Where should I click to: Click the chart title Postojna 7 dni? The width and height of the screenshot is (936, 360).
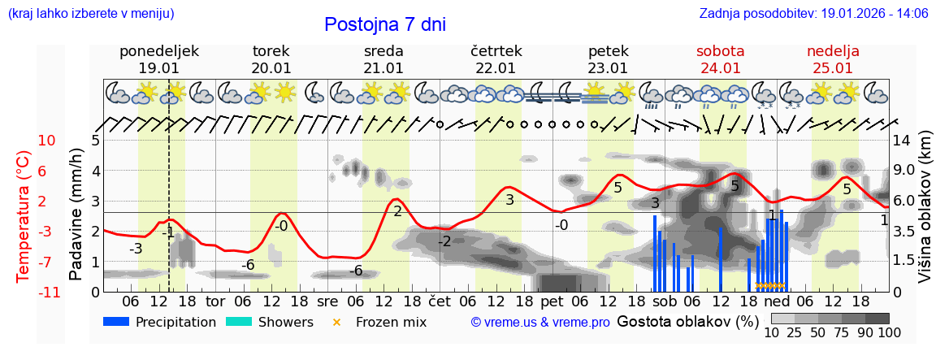point(384,24)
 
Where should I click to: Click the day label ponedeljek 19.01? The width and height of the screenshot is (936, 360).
point(158,59)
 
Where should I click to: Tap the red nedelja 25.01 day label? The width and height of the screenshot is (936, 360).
point(833,59)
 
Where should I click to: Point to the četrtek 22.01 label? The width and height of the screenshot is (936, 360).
point(496,59)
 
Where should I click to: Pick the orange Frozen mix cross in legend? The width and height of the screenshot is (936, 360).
point(337,322)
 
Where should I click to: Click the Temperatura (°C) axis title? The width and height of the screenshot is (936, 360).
point(24,215)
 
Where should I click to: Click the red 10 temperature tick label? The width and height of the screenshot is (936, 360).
point(47,140)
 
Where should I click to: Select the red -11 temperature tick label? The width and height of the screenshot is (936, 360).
point(46,292)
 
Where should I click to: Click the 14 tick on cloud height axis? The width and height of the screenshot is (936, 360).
point(902,140)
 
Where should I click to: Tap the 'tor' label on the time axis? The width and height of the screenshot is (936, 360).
point(215,301)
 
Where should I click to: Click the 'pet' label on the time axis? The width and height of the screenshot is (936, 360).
point(552,301)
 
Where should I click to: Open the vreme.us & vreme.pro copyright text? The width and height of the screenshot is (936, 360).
point(540,323)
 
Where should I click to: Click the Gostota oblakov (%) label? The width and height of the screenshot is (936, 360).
point(688,321)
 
